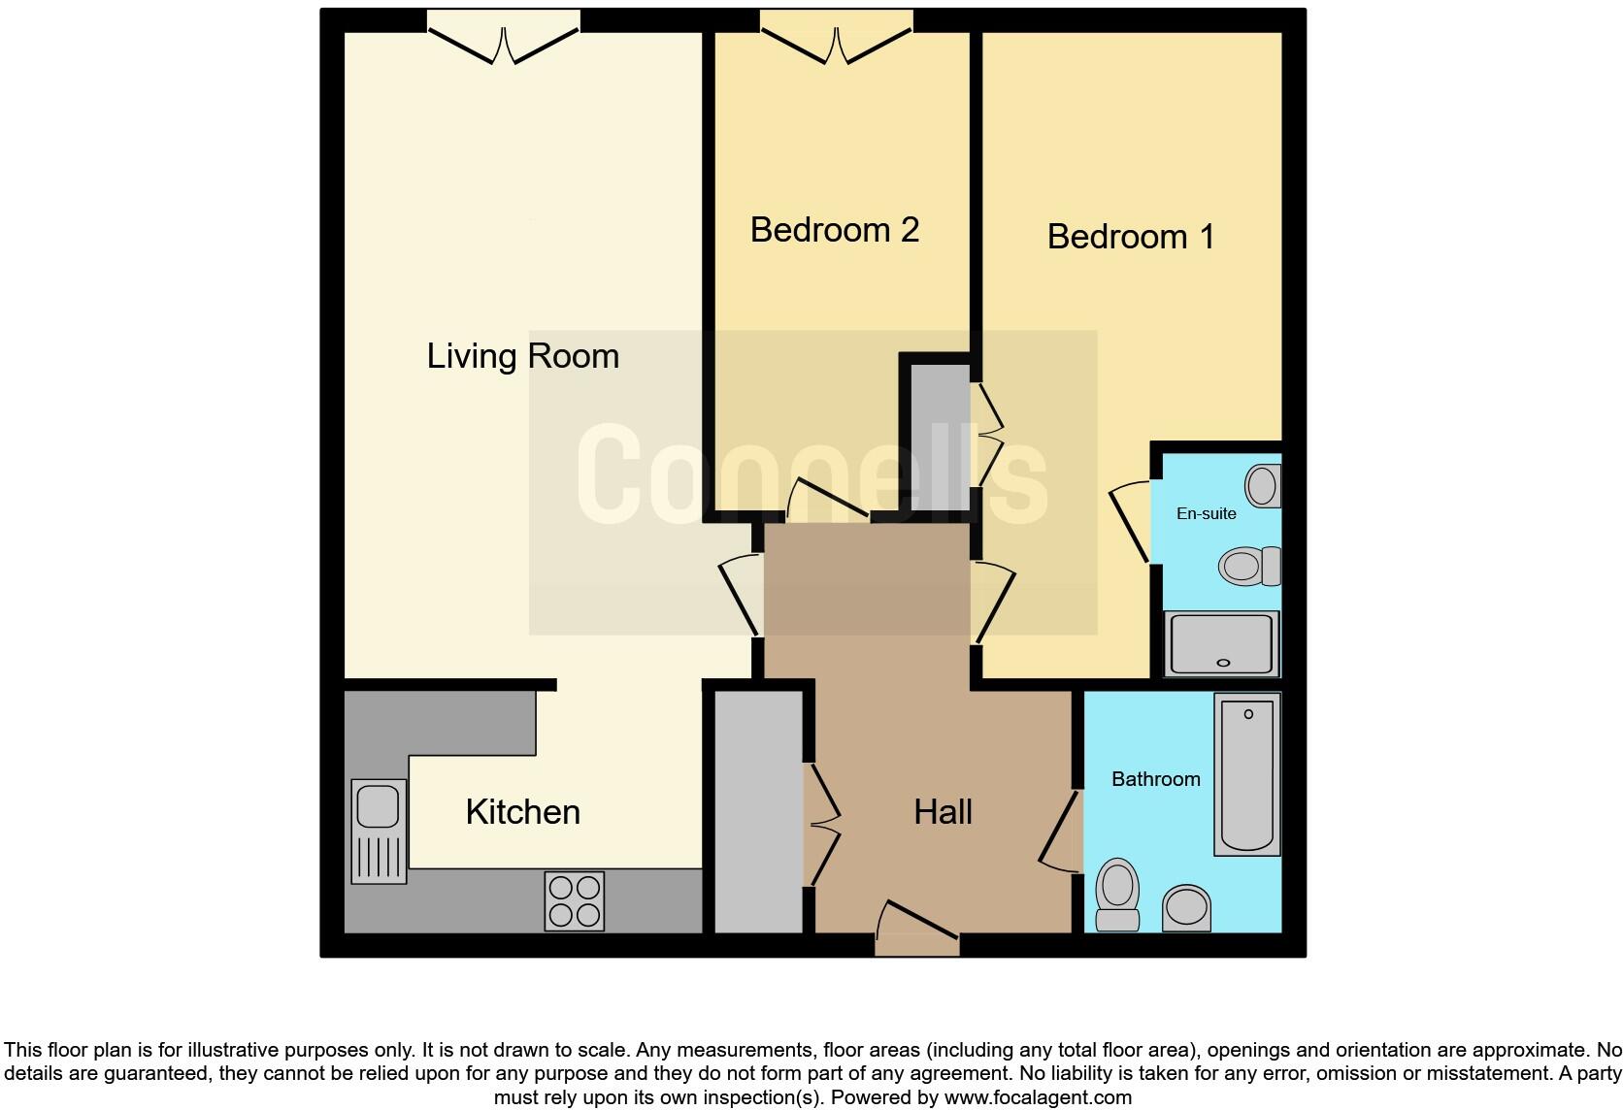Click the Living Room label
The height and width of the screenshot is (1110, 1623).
(522, 356)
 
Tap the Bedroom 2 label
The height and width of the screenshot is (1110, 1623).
(834, 230)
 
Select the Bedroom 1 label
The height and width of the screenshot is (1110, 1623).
(1130, 237)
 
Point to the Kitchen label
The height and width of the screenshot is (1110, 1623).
(522, 812)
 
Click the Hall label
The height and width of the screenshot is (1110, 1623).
(943, 812)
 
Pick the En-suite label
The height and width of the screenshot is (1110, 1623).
(1206, 513)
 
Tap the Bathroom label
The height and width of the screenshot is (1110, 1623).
(1155, 779)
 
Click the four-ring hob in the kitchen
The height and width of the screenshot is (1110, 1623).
(574, 901)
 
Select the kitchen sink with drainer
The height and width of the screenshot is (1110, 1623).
(379, 831)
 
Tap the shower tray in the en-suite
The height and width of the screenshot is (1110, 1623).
(1221, 643)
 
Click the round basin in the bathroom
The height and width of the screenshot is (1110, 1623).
(1185, 908)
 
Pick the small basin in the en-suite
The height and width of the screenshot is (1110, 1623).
(1263, 486)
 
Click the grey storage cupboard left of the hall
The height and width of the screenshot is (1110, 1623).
(758, 811)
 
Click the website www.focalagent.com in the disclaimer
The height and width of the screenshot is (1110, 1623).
(1038, 1098)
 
